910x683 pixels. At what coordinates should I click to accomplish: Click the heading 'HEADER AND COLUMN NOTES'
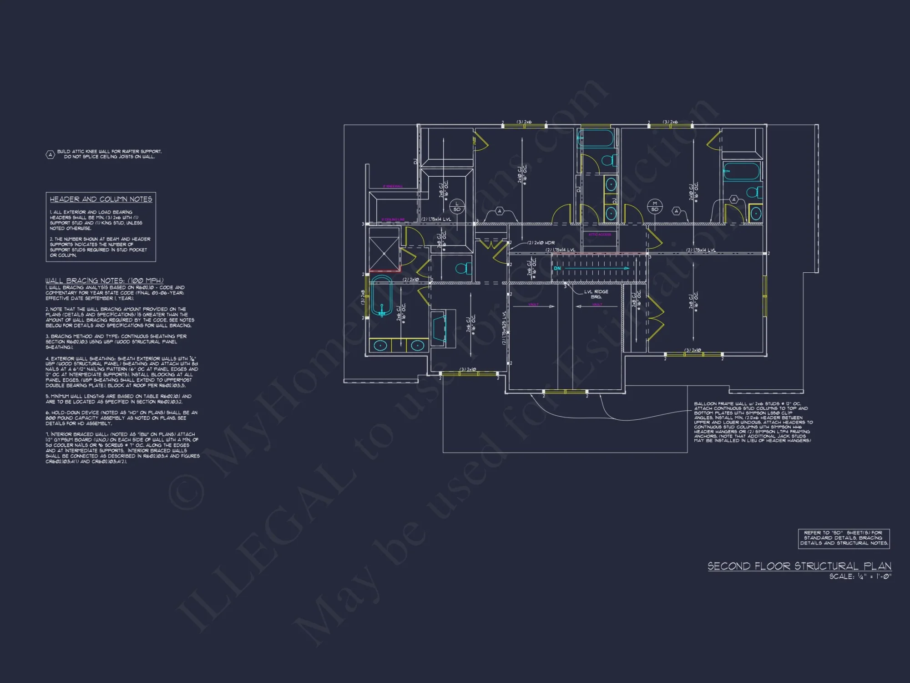101,199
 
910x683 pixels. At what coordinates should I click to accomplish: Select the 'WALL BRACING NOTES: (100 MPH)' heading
104,280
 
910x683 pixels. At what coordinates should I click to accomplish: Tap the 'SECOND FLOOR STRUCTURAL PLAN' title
799,566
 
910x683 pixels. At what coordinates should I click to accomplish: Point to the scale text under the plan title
860,576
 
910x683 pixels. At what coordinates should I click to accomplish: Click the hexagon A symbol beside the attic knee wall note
51,155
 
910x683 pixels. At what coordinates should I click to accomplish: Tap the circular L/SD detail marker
457,207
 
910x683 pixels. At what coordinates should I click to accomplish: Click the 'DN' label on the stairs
557,269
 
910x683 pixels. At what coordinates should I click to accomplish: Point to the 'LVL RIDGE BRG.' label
596,294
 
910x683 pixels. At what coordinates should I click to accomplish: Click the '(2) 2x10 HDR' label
541,243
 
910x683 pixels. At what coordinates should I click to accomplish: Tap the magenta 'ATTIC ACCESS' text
600,234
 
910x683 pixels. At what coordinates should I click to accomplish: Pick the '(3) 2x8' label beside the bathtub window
363,297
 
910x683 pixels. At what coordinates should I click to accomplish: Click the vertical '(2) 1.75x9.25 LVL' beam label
504,328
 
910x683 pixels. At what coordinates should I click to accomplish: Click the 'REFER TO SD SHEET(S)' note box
844,538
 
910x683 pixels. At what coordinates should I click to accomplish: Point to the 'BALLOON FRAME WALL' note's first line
747,404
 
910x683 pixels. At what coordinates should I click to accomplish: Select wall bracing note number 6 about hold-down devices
121,418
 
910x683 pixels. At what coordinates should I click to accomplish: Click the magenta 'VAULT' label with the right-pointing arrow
533,304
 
